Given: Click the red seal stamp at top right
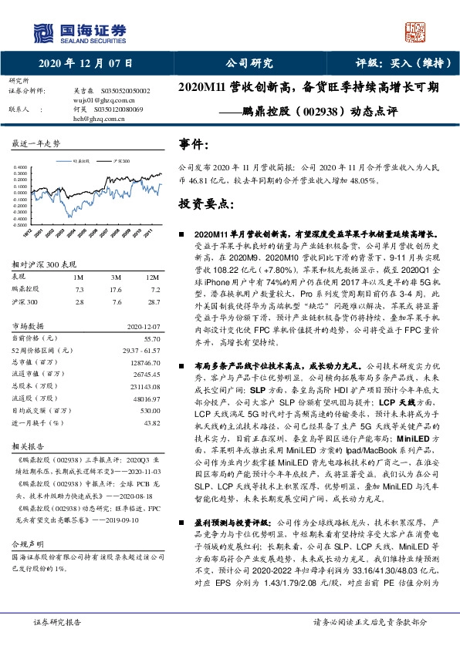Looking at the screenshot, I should point(416,29).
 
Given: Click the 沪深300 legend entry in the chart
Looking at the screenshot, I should point(120,160).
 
